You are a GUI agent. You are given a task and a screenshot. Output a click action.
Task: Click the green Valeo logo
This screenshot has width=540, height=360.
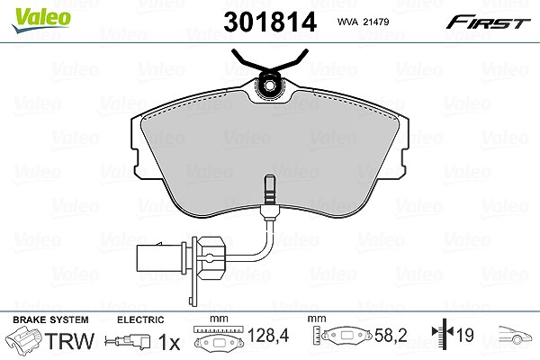click(41, 20)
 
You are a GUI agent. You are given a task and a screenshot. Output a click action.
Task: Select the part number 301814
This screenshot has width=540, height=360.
click(270, 22)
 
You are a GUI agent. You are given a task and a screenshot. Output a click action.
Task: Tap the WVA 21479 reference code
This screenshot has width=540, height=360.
click(363, 22)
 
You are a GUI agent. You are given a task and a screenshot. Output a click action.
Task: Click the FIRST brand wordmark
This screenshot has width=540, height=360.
click(488, 22)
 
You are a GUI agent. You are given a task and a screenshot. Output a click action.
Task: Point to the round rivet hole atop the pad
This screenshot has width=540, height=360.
click(270, 85)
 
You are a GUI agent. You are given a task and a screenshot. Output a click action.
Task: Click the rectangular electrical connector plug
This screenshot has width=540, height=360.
click(161, 258)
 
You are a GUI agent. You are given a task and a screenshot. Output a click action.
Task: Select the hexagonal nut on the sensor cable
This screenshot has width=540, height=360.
click(210, 257)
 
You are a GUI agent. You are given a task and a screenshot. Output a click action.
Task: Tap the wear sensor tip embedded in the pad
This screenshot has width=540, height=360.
click(269, 189)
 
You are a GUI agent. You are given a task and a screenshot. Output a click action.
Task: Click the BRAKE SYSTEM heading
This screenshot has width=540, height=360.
click(50, 319)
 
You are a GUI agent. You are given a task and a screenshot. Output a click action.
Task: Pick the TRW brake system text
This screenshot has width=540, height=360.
click(69, 341)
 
